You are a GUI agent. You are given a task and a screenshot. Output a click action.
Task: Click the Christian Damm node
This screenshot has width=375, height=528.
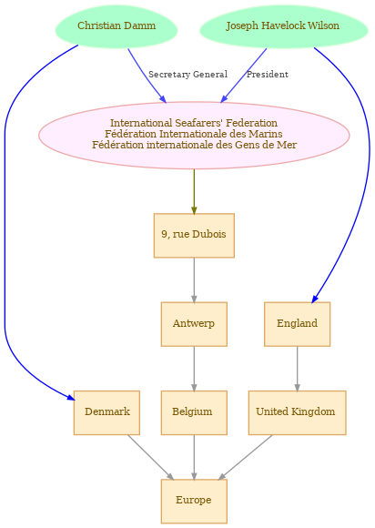coord(117,26)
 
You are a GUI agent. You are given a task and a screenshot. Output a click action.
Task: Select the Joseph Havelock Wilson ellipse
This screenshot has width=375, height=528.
coord(284,26)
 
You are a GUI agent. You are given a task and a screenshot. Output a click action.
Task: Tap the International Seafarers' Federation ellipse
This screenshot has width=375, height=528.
coord(194,135)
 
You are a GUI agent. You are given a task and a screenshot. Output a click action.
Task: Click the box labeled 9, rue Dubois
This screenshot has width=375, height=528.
coord(194,236)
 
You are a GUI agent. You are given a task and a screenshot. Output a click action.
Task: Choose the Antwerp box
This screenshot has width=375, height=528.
coord(194,324)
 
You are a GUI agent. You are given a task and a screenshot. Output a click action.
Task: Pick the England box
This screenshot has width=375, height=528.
coord(298,324)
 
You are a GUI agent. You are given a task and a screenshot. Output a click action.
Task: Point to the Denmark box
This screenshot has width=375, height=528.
coord(106,412)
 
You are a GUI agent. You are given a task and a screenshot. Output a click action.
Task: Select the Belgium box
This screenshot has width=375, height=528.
coord(194,412)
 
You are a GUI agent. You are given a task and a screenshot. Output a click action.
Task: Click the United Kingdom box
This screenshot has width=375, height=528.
coord(298,412)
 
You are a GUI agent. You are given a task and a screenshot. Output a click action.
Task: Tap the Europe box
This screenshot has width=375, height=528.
coord(194,501)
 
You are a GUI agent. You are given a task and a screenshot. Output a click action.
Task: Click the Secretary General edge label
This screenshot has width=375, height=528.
coord(187,75)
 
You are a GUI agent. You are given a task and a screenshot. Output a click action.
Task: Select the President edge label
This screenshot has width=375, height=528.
coord(268,75)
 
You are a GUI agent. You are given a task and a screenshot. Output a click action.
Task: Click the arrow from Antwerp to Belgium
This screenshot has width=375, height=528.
coord(194,369)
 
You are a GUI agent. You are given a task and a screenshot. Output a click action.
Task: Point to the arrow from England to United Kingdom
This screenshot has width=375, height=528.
coord(298,369)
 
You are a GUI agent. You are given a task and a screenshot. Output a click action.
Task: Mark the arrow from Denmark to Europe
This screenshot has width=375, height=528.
coord(150,457)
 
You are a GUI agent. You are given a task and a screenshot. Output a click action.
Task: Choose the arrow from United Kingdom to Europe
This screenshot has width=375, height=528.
coord(246,457)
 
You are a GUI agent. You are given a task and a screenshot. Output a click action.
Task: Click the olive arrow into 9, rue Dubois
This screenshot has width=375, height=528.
coord(194,191)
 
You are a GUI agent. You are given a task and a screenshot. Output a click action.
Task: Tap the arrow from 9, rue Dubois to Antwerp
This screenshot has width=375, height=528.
coord(194,279)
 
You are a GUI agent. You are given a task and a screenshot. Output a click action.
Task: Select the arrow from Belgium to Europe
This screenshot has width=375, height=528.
coord(194,457)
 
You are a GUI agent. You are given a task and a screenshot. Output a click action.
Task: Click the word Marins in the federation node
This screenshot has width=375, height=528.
coord(265,134)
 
